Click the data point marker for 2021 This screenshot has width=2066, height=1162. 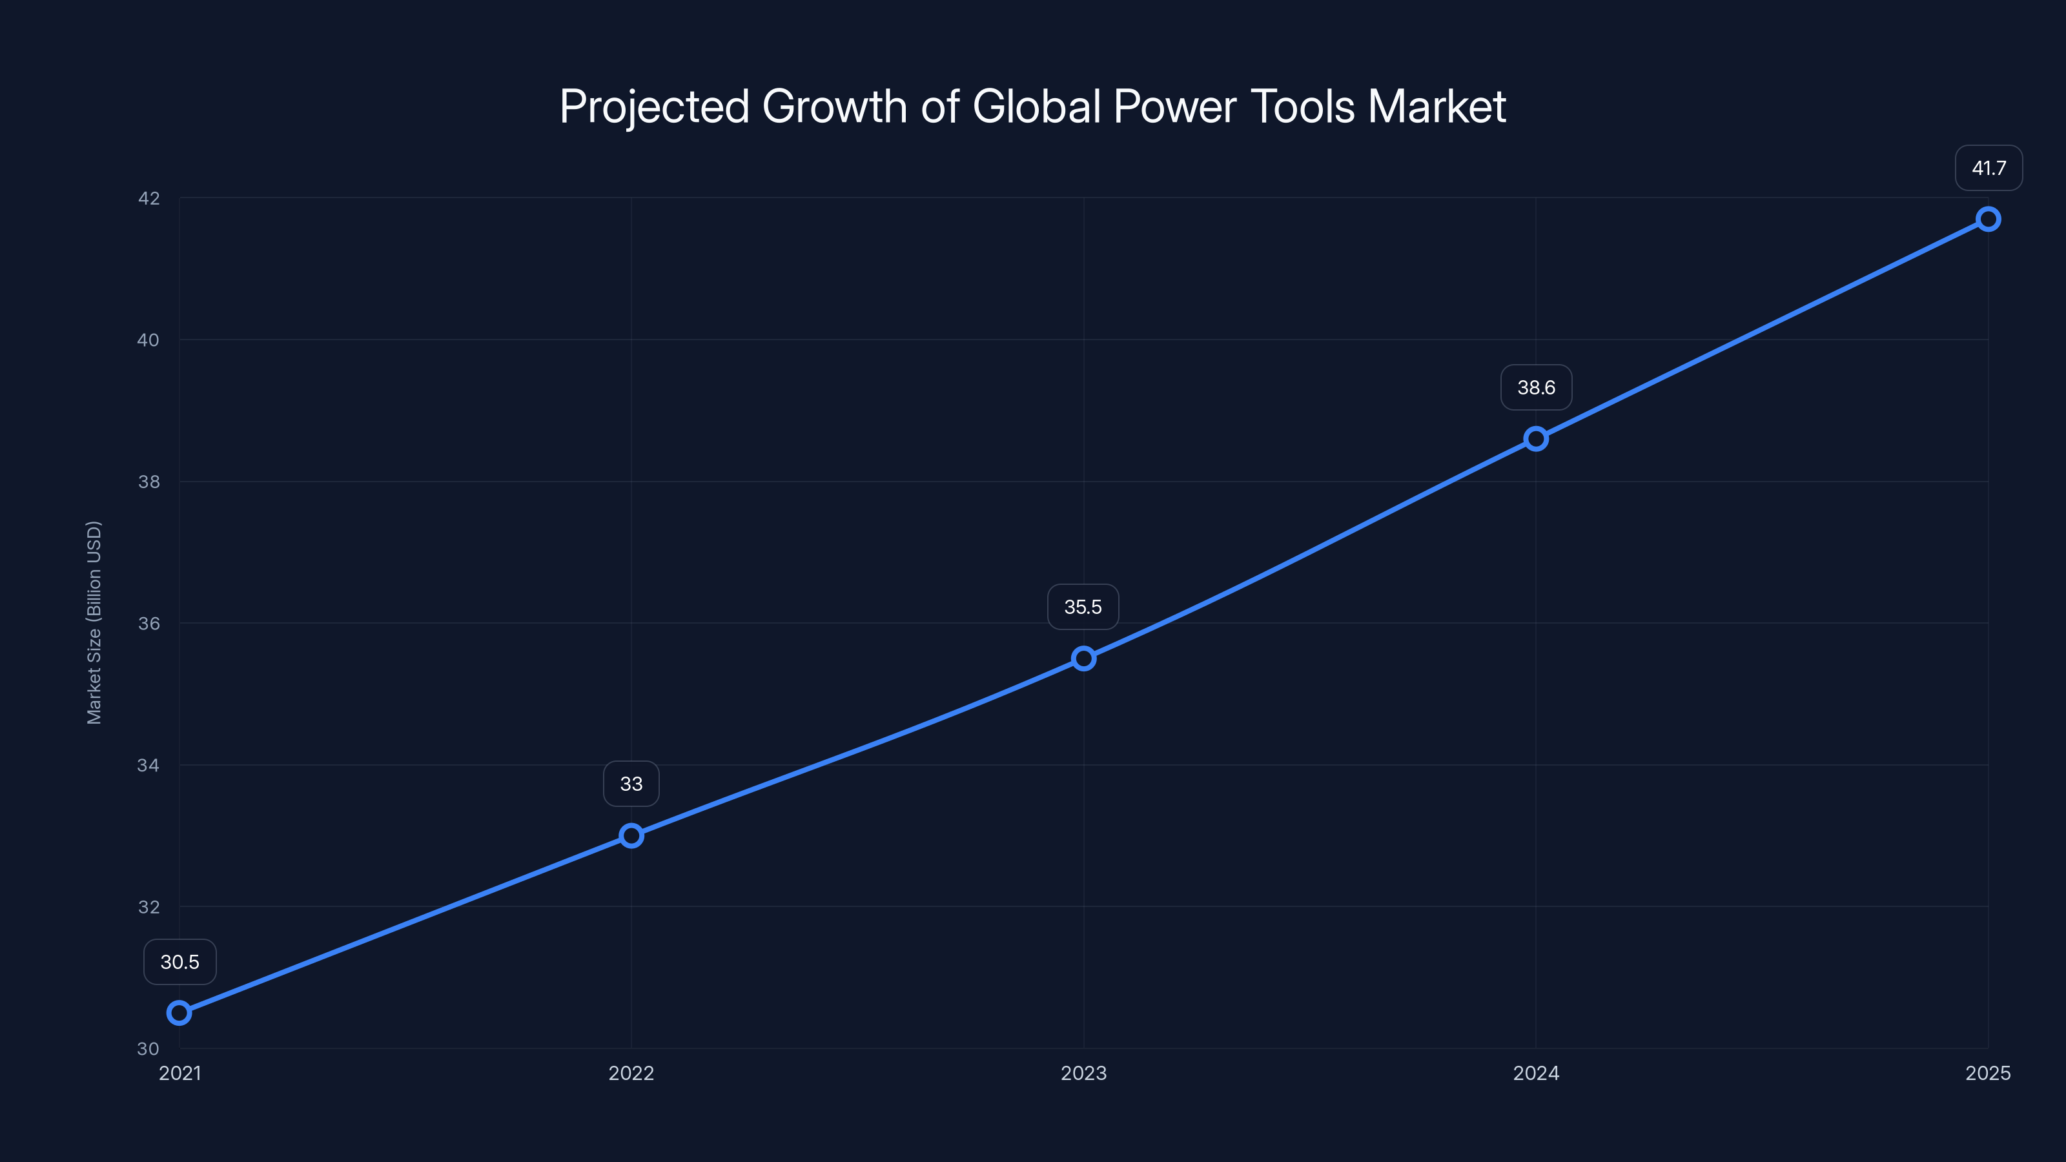coord(179,1013)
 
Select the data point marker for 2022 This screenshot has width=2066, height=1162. coord(631,835)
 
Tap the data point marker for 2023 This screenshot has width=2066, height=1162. coord(1083,658)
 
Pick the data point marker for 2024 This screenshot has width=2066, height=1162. coord(1536,439)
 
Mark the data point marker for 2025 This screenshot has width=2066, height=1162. coord(1989,219)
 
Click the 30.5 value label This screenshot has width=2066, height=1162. coord(179,961)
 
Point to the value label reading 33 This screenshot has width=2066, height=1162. coord(631,784)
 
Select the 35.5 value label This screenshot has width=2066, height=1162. coord(1083,607)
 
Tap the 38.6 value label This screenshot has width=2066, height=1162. coord(1536,387)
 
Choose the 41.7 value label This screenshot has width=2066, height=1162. coord(1989,168)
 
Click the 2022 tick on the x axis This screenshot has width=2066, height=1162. coord(631,1073)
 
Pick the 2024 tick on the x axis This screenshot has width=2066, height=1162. coord(1536,1073)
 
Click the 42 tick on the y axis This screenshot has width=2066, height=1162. coord(148,198)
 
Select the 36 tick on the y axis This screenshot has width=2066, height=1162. coord(148,623)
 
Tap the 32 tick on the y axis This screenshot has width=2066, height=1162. coord(148,907)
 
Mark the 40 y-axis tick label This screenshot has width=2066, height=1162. coord(148,340)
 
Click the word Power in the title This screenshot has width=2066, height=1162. coord(1175,107)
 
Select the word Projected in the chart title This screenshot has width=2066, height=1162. coord(655,107)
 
